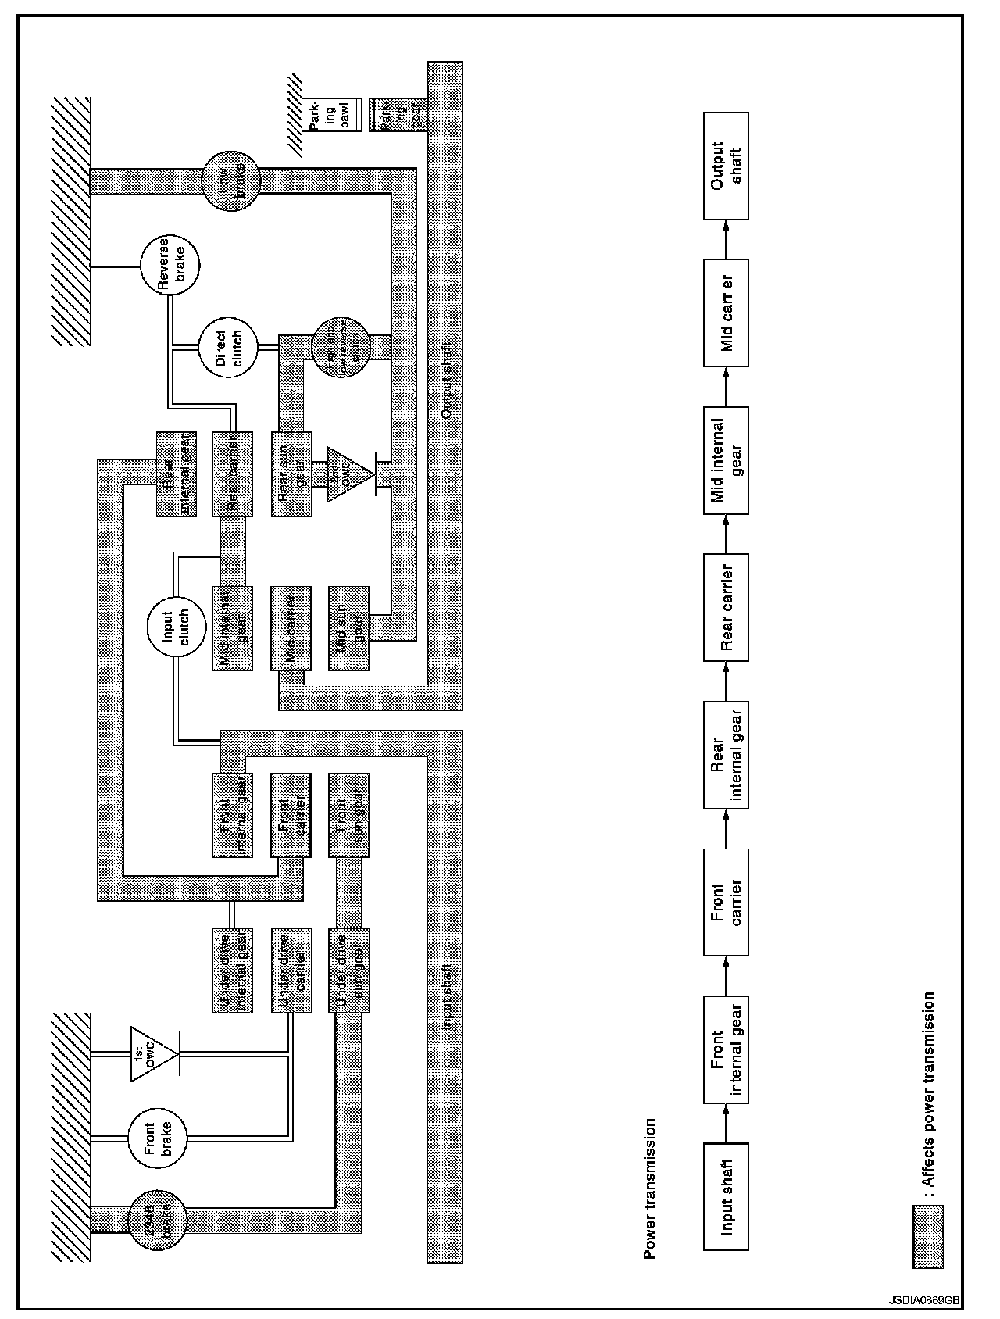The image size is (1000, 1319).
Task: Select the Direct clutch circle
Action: coord(227,348)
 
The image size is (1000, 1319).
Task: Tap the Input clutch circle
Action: coord(174,626)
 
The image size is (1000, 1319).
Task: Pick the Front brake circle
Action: coord(158,1139)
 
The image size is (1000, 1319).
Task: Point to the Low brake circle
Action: coord(231,181)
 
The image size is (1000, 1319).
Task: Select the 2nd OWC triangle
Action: coord(348,474)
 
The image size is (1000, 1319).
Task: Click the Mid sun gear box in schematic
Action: coord(348,628)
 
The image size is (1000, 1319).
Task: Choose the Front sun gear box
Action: coord(348,815)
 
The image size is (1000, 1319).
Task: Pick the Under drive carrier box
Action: coord(291,970)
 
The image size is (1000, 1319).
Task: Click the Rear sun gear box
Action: coord(291,474)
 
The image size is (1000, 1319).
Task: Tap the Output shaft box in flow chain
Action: coord(726,166)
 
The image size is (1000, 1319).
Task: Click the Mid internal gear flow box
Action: coord(726,459)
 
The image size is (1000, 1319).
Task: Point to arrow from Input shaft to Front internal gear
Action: coord(726,1123)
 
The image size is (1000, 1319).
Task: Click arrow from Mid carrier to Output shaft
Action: coord(726,238)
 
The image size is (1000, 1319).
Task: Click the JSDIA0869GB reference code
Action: coord(923,1299)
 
